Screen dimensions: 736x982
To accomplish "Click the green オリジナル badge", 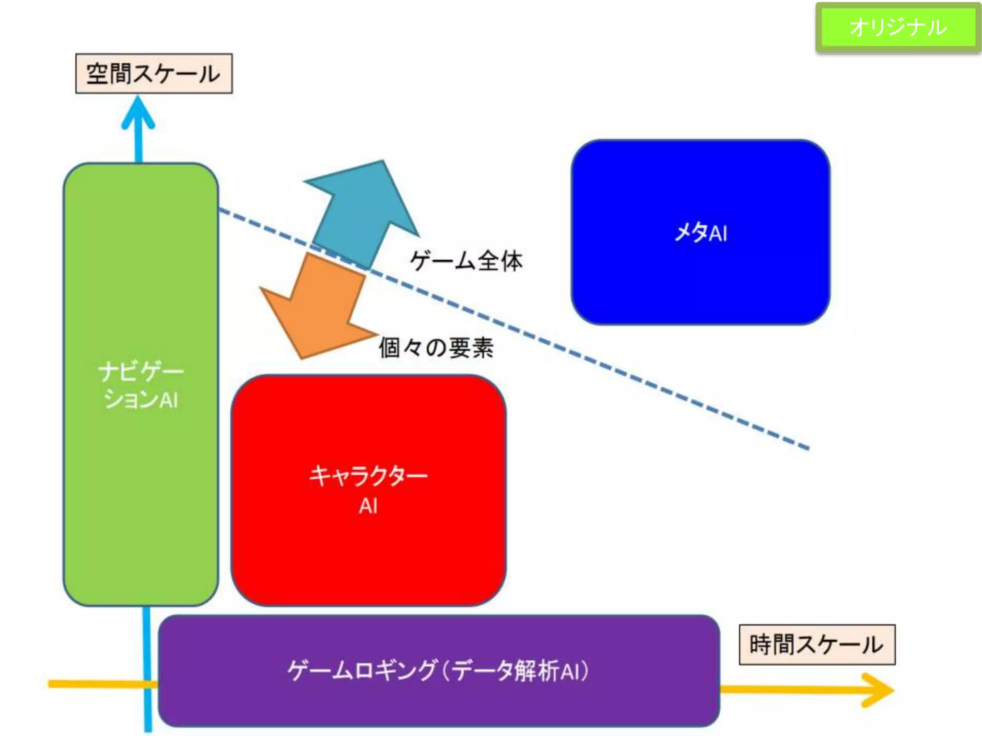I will (x=898, y=27).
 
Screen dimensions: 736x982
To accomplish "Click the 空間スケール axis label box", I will (x=154, y=73).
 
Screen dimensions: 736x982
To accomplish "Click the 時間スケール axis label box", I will (x=817, y=644).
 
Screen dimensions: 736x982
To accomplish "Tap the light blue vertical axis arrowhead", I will (x=138, y=113).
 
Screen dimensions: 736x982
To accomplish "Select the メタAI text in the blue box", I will (x=701, y=233).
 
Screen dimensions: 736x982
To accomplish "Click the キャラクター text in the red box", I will (x=368, y=476).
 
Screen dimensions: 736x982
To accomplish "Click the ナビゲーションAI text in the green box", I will (x=140, y=386).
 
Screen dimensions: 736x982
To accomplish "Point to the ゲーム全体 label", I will (x=466, y=261).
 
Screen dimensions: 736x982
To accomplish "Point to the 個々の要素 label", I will (x=436, y=347).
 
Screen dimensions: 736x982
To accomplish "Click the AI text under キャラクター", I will (x=368, y=506).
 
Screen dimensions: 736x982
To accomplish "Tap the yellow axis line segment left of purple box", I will (x=96, y=684).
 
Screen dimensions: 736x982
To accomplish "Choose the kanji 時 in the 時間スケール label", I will (x=760, y=644).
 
